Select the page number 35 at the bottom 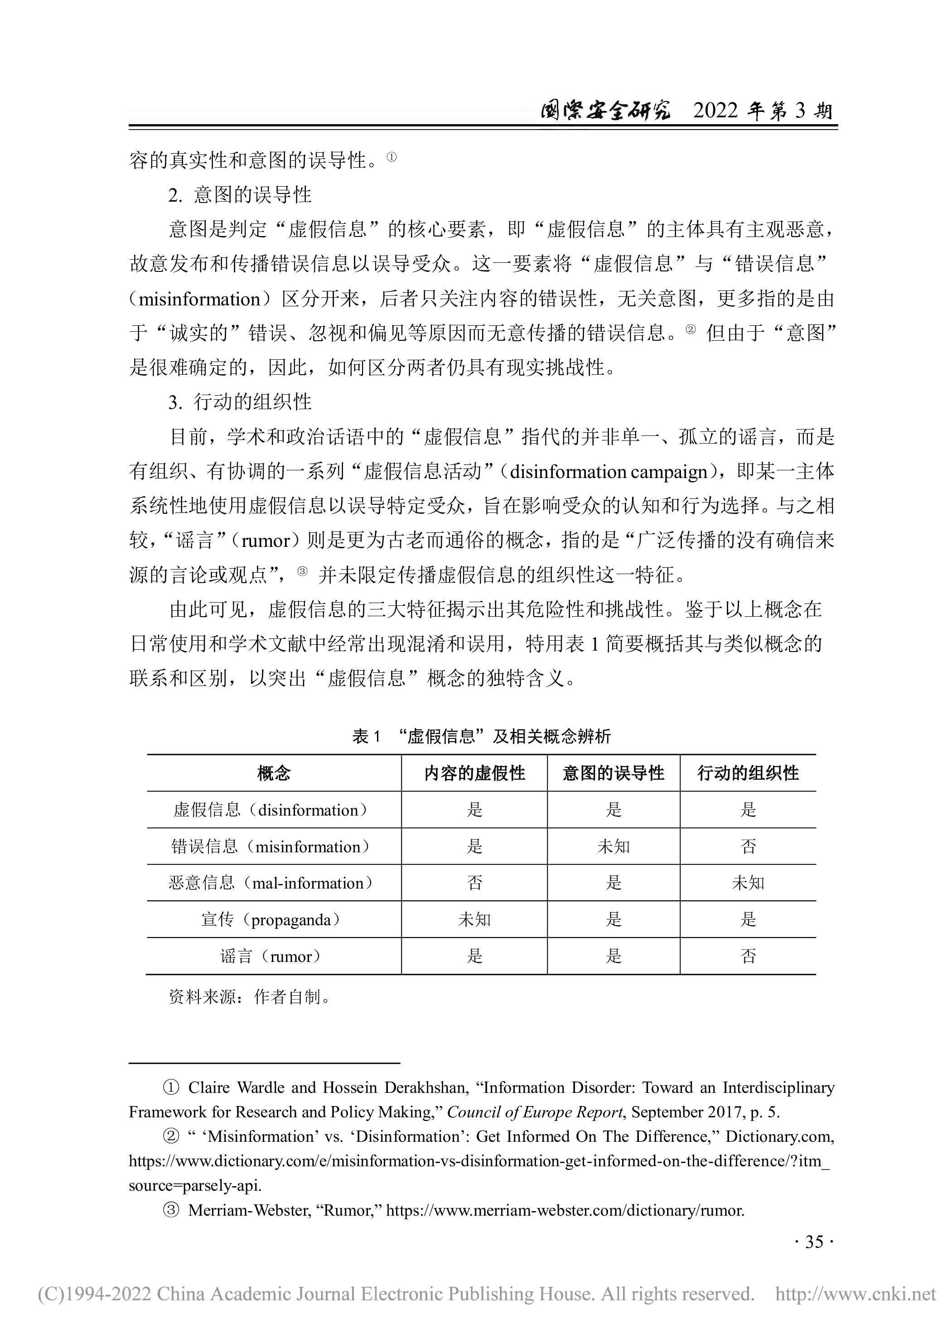click(814, 1242)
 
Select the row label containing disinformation click(271, 810)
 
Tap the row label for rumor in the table click(271, 956)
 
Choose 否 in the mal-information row click(474, 883)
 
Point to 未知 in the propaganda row click(474, 920)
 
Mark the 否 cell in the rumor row click(748, 956)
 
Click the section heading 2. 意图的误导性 click(240, 195)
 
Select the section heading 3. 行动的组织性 click(240, 402)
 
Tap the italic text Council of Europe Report click(535, 1112)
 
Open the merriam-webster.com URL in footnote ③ click(565, 1210)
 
